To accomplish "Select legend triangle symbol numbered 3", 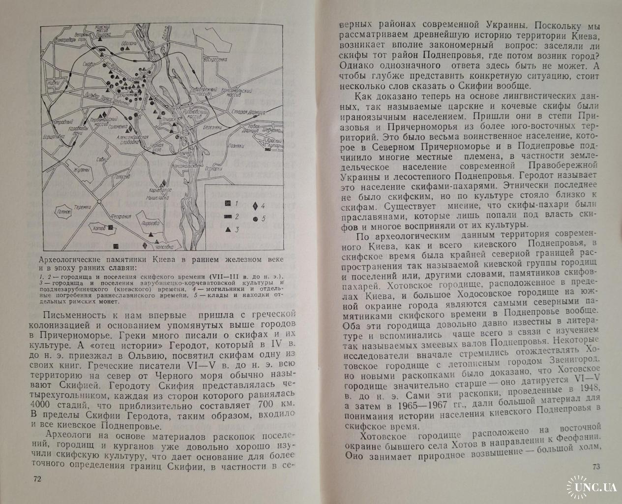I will click(228, 229).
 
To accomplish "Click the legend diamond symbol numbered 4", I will click(255, 206).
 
